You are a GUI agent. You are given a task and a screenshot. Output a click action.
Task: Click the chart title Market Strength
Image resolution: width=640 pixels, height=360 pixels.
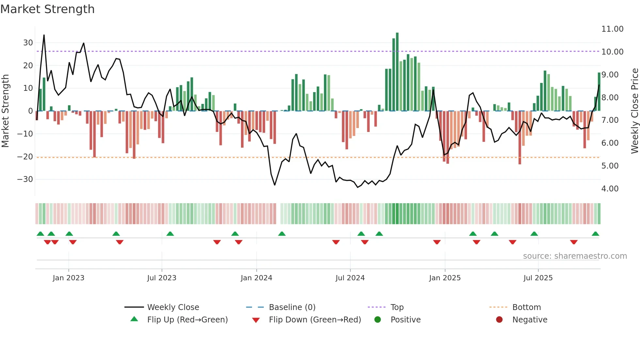47,9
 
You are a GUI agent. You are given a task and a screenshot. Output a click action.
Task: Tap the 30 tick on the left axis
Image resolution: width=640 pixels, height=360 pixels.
28,43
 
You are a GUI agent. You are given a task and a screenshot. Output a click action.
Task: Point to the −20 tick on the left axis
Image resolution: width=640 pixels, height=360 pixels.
25,156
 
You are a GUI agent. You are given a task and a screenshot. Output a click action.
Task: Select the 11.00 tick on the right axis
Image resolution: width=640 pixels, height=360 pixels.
612,29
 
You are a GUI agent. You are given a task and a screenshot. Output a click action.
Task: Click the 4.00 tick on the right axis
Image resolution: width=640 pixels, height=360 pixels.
610,189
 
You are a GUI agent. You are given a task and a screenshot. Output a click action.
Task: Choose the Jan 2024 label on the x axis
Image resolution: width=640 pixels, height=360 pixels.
256,278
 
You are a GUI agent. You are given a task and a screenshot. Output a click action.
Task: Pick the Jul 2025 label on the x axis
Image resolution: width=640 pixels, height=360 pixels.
538,278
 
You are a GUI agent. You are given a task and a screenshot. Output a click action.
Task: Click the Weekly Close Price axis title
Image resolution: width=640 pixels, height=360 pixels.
634,111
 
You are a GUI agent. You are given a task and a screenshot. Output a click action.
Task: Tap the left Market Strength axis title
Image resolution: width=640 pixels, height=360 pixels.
5,111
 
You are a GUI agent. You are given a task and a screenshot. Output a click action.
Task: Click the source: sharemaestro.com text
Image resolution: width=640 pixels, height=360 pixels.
575,256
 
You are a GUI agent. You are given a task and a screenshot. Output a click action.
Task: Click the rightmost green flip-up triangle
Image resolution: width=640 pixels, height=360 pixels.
595,234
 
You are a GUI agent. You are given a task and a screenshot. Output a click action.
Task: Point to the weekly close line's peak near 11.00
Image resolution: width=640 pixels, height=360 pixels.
44,35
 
